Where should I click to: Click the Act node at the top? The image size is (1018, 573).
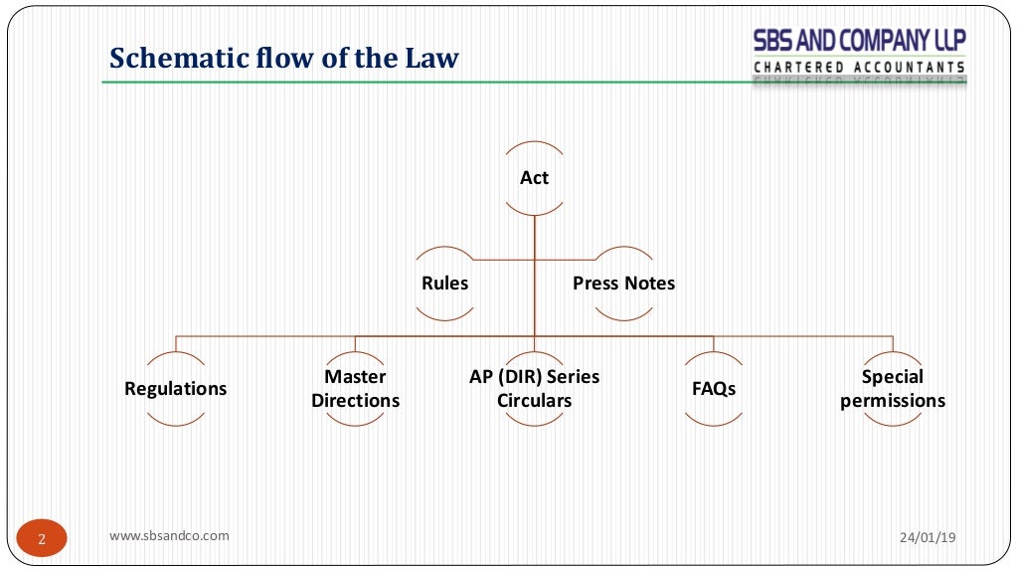click(534, 178)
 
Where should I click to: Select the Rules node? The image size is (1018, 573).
click(444, 284)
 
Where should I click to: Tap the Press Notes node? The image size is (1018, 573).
click(623, 284)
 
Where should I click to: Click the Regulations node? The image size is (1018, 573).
click(176, 389)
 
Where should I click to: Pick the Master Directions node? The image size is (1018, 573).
click(355, 389)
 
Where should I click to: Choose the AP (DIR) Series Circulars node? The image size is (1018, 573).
click(534, 389)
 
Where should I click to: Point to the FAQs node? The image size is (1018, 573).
click(714, 389)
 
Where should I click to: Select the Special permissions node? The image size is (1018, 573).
click(893, 389)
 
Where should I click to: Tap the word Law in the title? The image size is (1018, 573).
click(430, 59)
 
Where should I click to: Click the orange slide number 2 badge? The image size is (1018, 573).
click(42, 540)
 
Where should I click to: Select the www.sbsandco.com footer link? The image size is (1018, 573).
click(169, 535)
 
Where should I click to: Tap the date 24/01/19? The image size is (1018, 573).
click(927, 537)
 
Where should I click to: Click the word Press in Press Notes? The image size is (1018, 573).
click(595, 284)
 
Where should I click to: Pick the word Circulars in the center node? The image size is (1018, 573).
click(534, 401)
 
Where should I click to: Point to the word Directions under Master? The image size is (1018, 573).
click(355, 401)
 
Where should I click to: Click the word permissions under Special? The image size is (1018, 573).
click(893, 401)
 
